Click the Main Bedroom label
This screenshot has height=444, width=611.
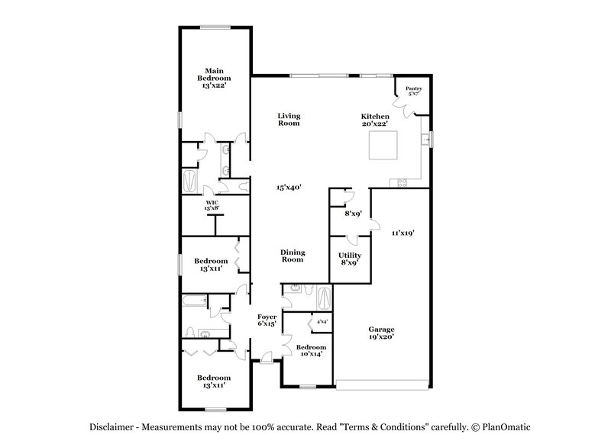click(214, 78)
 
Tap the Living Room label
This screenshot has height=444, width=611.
click(288, 119)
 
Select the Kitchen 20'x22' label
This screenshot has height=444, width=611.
click(375, 119)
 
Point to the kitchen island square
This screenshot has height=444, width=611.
click(383, 145)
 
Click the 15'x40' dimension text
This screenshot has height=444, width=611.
click(287, 187)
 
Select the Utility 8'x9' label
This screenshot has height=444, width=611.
click(351, 259)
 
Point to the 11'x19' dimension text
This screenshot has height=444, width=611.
click(402, 233)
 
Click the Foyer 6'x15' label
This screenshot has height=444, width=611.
click(267, 320)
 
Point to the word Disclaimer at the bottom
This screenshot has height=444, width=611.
click(117, 427)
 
